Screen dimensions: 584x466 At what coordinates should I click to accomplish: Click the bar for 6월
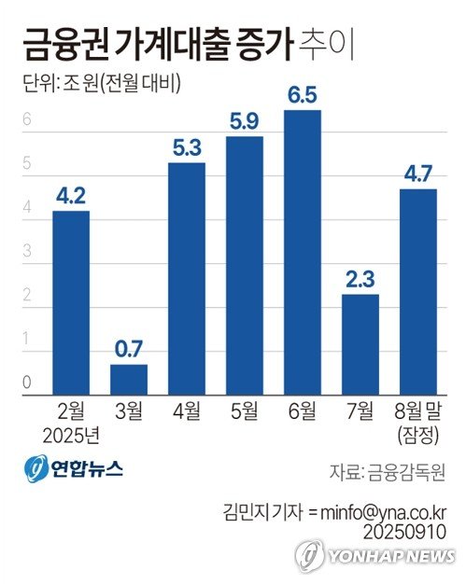coord(303,252)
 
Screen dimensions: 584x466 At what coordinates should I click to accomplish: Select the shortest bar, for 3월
coord(129,379)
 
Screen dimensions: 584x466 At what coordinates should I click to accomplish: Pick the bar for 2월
coord(71,302)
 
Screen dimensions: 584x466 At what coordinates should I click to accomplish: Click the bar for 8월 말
coord(417,291)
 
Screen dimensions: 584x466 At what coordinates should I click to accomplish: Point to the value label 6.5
coord(303,96)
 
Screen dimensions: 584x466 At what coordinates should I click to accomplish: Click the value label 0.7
coord(129,351)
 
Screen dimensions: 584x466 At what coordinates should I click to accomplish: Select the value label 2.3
coord(360,280)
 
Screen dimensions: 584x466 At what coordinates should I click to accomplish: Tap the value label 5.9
coord(245,122)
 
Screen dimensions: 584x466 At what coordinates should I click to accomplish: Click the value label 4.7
coord(417,174)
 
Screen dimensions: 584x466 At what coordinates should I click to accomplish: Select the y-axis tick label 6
coord(28,119)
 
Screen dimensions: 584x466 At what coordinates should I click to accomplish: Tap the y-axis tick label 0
coord(28,382)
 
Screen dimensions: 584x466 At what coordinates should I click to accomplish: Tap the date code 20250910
coord(408,530)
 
